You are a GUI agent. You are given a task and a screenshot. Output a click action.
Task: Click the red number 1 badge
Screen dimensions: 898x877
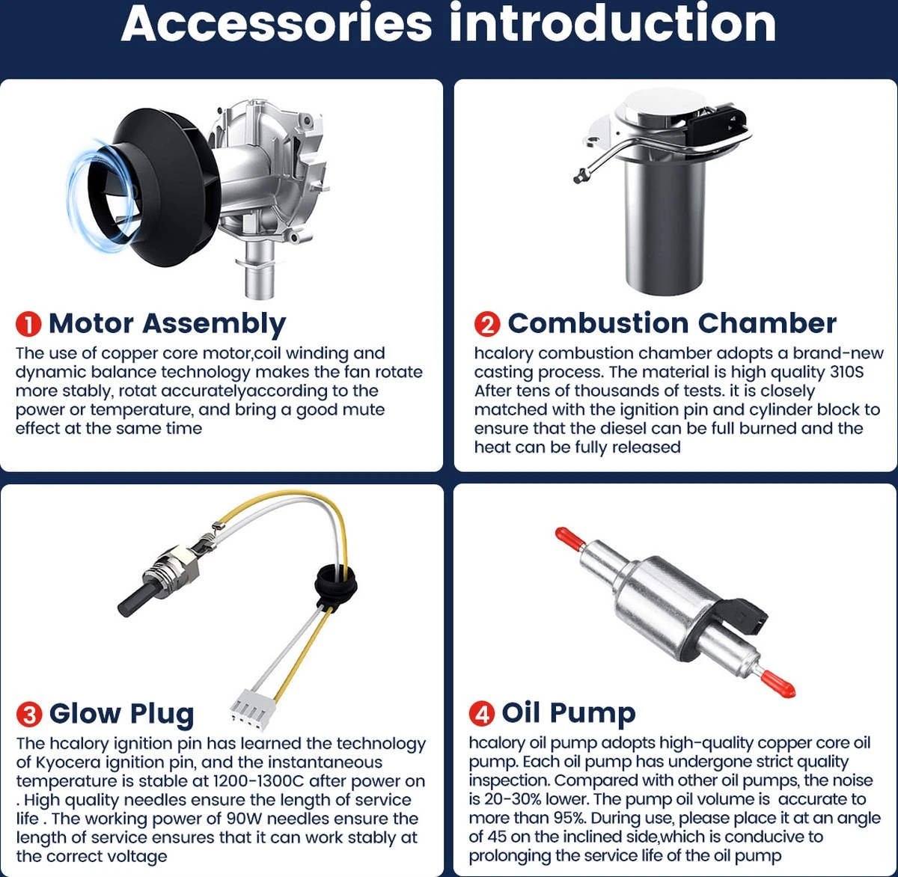pos(28,323)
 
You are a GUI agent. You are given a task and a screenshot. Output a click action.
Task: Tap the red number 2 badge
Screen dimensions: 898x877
pos(487,323)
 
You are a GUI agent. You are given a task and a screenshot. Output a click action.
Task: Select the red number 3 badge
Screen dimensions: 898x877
pos(29,714)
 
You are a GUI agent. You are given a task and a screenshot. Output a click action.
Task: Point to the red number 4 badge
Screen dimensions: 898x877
pos(482,713)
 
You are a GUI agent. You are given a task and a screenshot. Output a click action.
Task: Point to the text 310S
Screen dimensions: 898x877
pos(846,372)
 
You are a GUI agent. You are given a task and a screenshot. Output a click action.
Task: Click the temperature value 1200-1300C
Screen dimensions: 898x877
pos(258,781)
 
